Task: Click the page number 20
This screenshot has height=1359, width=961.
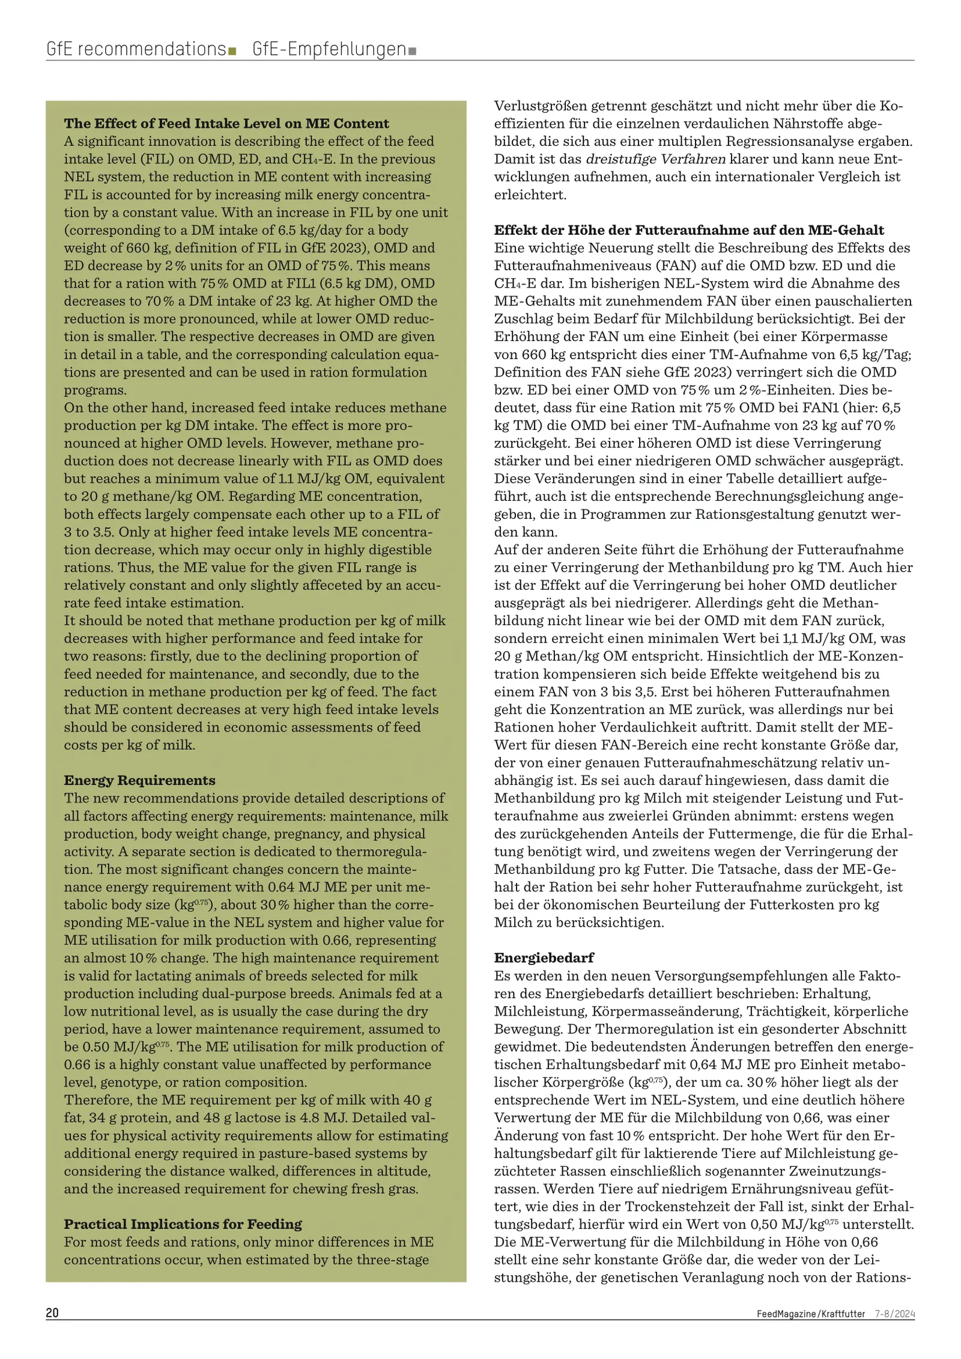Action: tap(52, 1313)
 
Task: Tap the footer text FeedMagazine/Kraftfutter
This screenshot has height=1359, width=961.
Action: tap(811, 1313)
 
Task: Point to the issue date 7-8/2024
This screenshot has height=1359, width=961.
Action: tap(894, 1313)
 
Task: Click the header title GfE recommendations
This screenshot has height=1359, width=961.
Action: tap(136, 49)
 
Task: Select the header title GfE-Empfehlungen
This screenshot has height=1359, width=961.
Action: tap(329, 49)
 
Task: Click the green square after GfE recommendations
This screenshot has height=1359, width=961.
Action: tap(232, 51)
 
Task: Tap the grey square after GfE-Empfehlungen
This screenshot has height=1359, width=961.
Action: tap(412, 51)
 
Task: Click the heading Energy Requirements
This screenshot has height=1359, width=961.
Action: tap(139, 780)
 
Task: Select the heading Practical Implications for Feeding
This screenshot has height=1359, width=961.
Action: tap(183, 1224)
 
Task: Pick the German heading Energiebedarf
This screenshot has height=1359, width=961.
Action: tap(544, 957)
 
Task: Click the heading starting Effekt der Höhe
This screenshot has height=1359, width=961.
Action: tap(689, 230)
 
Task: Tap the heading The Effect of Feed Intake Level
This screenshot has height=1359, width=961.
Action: tap(226, 123)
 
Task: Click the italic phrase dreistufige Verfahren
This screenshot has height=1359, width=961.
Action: tap(655, 159)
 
